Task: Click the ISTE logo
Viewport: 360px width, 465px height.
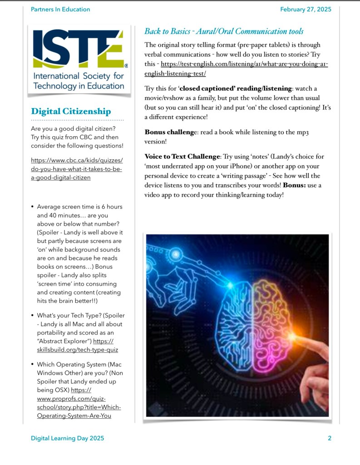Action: (x=78, y=59)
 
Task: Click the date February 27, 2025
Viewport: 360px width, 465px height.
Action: (x=306, y=9)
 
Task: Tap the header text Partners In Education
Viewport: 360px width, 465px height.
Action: (x=60, y=9)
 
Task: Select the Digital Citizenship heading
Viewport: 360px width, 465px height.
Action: (x=70, y=112)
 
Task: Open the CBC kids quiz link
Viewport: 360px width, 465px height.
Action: (x=77, y=169)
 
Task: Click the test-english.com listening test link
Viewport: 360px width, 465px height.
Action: (x=244, y=64)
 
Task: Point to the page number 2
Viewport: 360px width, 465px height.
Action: (x=329, y=438)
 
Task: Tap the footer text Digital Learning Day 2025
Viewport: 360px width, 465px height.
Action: (x=67, y=438)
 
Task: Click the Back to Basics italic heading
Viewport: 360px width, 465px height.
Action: (x=224, y=31)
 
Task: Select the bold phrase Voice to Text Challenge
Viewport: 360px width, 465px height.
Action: (x=182, y=157)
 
